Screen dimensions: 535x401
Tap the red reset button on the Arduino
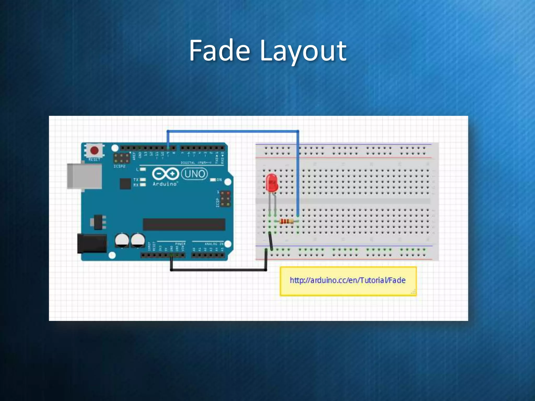94,150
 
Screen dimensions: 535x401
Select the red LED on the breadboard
272,183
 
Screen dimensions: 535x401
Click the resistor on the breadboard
286,222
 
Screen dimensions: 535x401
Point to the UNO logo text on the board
195,174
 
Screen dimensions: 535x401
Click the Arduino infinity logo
165,174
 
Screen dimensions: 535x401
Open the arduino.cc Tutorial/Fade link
347,280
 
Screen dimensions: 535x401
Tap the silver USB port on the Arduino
84,176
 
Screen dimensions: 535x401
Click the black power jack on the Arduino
92,244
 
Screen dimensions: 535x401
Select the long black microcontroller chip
184,224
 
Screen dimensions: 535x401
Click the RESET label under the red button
94,160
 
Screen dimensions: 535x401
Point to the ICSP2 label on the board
119,166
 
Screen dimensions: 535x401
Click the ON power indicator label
219,180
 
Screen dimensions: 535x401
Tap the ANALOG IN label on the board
214,244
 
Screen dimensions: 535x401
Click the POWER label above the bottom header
180,244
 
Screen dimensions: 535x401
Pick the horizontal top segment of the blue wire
232,131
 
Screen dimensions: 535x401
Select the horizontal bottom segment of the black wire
218,270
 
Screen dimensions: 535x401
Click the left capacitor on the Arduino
122,240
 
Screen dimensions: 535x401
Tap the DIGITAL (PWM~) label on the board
196,163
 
